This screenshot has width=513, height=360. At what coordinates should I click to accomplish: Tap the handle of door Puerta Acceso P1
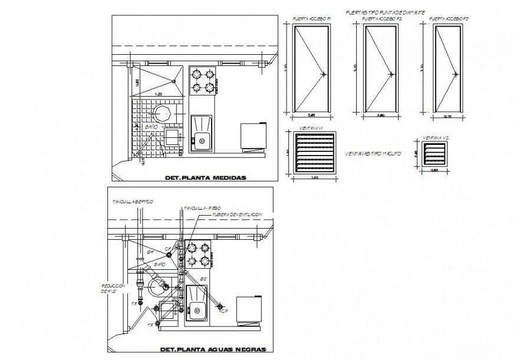point(324,74)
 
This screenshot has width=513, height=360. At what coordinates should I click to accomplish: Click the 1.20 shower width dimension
point(158,94)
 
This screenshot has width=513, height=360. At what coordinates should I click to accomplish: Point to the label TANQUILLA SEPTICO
point(133,202)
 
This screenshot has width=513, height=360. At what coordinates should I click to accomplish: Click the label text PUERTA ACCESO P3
point(449,19)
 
